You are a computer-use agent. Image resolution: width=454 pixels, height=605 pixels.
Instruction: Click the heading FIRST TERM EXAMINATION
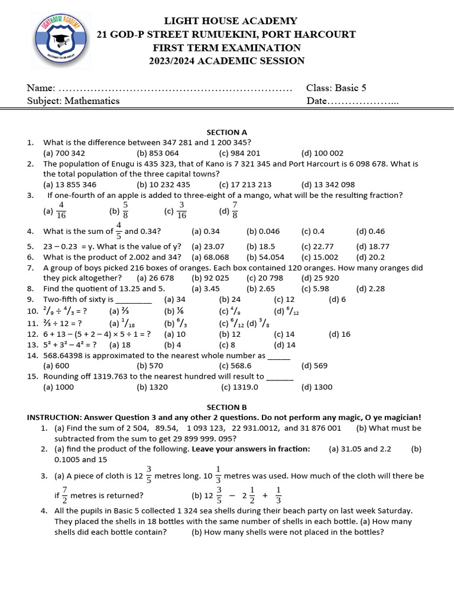pos(226,48)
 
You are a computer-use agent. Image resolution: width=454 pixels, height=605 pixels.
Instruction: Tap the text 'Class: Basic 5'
pos(336,88)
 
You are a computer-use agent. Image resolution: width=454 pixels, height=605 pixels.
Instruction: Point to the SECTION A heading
pos(226,132)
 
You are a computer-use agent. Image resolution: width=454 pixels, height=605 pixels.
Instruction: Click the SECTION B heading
pos(226,407)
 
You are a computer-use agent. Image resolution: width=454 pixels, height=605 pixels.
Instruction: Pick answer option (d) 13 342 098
pos(328,184)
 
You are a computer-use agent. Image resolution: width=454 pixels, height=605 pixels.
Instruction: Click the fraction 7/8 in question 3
pos(235,209)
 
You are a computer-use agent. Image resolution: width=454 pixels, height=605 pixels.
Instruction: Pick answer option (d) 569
pos(314,366)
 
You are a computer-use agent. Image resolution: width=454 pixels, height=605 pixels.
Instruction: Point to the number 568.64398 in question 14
pos(66,355)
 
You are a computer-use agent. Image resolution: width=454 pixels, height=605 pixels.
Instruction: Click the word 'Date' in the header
pos(317,101)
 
